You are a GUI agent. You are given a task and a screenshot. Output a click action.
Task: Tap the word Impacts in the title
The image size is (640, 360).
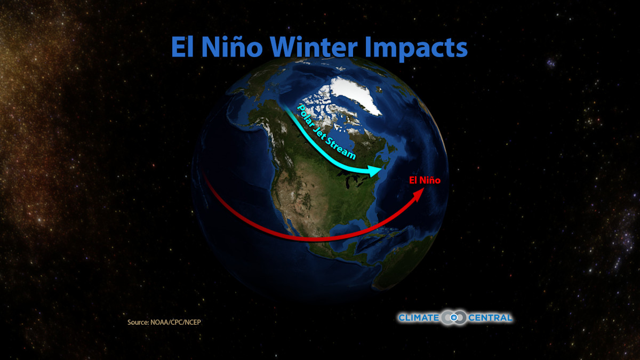pyautogui.click(x=415, y=48)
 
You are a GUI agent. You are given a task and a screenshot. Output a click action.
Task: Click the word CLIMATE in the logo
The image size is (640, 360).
pyautogui.click(x=419, y=318)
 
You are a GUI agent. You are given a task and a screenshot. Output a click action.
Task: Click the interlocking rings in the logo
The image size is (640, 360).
pyautogui.click(x=453, y=318)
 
